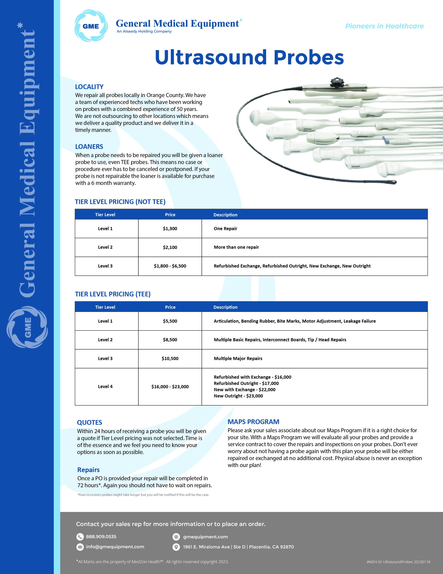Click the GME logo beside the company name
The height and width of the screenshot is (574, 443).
tap(91, 26)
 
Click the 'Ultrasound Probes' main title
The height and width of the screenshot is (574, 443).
tap(249, 57)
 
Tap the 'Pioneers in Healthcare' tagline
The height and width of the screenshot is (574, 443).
tap(384, 26)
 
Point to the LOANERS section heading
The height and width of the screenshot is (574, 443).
tap(89, 147)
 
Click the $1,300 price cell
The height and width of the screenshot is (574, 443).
tap(170, 229)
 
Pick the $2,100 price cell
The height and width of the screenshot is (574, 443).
tap(170, 247)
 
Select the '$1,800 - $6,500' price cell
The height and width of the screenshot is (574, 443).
tap(170, 266)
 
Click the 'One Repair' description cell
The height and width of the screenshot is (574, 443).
tap(225, 229)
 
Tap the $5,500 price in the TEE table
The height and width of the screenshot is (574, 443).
tap(170, 321)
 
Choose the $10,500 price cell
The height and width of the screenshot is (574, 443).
tap(170, 359)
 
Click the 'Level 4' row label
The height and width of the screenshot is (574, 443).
tap(105, 387)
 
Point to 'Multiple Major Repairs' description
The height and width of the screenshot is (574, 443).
tap(238, 359)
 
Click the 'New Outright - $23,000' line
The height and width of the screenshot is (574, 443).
tap(238, 396)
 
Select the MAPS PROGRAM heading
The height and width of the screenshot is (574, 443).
tap(253, 422)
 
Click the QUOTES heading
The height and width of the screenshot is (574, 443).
tap(89, 423)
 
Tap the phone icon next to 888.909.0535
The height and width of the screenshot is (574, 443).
tap(80, 537)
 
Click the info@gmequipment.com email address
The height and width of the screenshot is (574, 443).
tap(115, 547)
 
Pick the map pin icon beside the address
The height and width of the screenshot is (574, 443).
tap(176, 547)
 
